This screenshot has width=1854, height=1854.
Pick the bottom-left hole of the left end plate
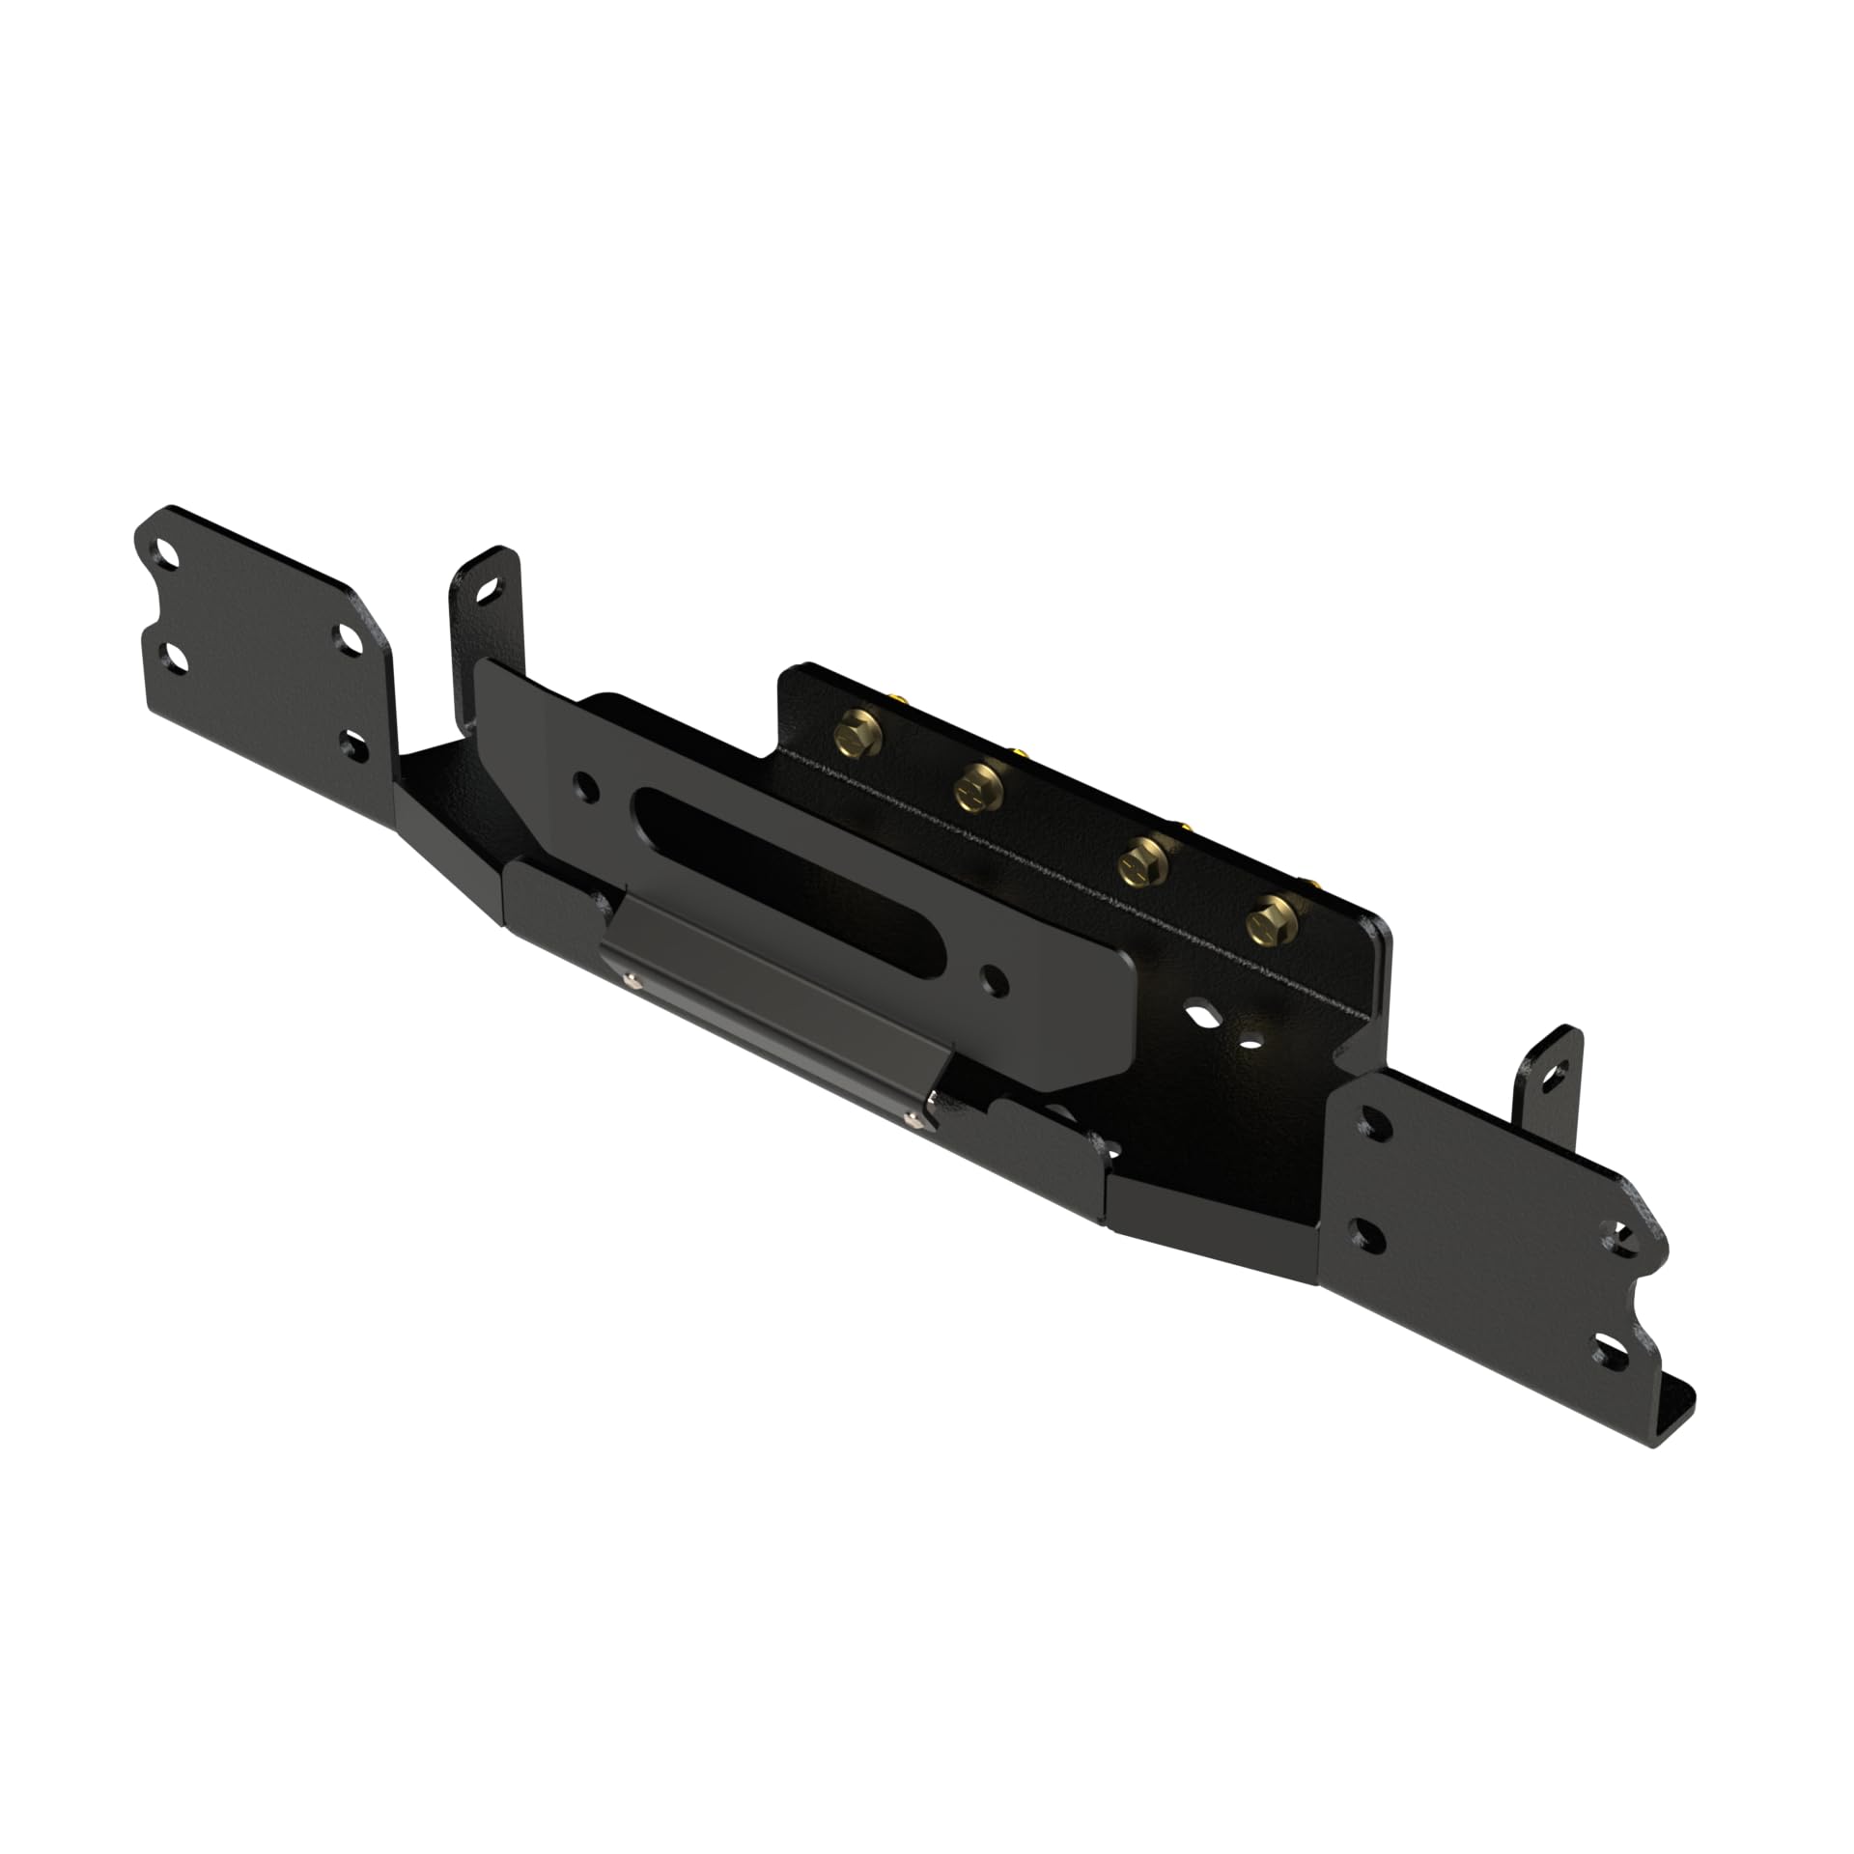click(x=175, y=659)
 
